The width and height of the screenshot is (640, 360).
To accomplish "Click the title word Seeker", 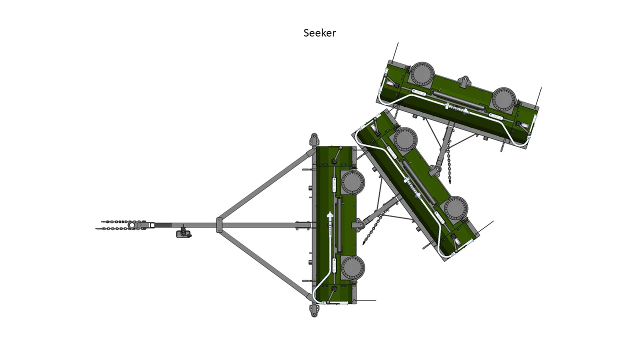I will click(319, 33).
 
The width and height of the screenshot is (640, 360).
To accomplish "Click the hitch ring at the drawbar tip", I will click(132, 225).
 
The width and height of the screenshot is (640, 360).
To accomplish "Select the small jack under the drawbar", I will click(184, 233).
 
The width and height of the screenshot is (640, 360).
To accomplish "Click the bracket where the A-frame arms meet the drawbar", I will click(219, 225).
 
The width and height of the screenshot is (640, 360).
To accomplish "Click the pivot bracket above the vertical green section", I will click(314, 140).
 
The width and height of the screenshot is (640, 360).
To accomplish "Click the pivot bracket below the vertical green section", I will click(314, 309).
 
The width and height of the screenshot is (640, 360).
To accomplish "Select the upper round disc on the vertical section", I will click(352, 182).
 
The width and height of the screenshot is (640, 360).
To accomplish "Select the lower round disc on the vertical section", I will click(352, 268).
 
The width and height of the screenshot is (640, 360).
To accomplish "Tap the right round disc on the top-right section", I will click(503, 99).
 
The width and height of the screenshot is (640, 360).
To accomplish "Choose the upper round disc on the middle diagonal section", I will click(405, 140).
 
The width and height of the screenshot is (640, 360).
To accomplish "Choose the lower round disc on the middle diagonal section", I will click(455, 208).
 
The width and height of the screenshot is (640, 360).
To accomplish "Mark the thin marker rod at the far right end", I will click(538, 97).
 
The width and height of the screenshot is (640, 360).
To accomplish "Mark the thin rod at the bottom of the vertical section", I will click(366, 300).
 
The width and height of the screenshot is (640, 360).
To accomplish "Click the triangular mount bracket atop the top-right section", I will click(465, 81).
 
